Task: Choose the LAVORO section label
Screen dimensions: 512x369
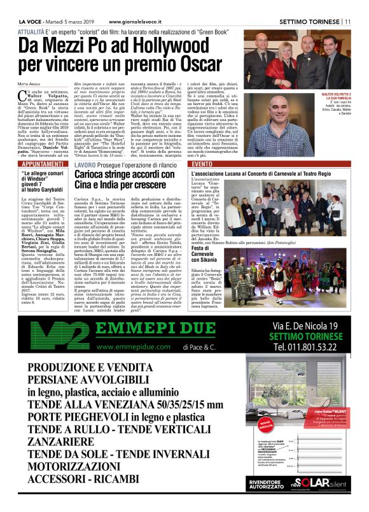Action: (85, 165)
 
